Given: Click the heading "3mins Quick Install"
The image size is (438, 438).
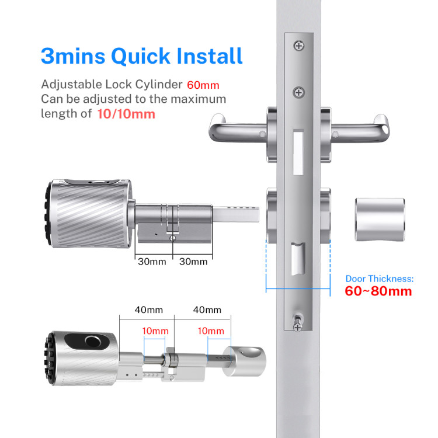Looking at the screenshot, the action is pyautogui.click(x=142, y=56).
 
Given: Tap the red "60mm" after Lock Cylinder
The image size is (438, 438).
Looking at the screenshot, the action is pyautogui.click(x=203, y=85).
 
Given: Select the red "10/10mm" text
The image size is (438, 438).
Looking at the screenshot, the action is pyautogui.click(x=126, y=114).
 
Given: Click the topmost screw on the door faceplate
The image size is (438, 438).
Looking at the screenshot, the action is pyautogui.click(x=299, y=46).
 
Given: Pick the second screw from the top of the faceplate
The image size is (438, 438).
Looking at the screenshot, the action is pyautogui.click(x=298, y=92).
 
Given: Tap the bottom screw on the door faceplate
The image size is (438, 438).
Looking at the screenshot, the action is pyautogui.click(x=297, y=327).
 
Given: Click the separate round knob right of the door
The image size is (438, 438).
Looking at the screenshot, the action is pyautogui.click(x=380, y=220).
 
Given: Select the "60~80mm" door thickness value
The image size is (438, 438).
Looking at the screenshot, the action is pyautogui.click(x=378, y=291).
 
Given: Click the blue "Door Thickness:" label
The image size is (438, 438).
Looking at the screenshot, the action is pyautogui.click(x=380, y=279).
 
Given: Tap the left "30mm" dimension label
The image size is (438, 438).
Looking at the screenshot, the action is pyautogui.click(x=152, y=262).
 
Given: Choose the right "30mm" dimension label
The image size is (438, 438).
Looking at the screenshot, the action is pyautogui.click(x=193, y=262).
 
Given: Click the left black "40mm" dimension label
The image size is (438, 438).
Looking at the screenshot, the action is pyautogui.click(x=148, y=310).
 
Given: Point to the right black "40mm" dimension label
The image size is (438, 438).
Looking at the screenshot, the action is pyautogui.click(x=207, y=310).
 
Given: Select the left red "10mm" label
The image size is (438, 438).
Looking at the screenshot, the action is pyautogui.click(x=155, y=331).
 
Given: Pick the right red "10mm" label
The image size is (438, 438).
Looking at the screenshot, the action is pyautogui.click(x=211, y=331).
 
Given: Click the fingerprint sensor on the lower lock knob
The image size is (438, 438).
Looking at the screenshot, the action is pyautogui.click(x=93, y=341).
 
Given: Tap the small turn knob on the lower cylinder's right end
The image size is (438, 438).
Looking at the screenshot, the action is pyautogui.click(x=244, y=361).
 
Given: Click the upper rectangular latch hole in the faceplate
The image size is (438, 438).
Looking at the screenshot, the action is pyautogui.click(x=298, y=152).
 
